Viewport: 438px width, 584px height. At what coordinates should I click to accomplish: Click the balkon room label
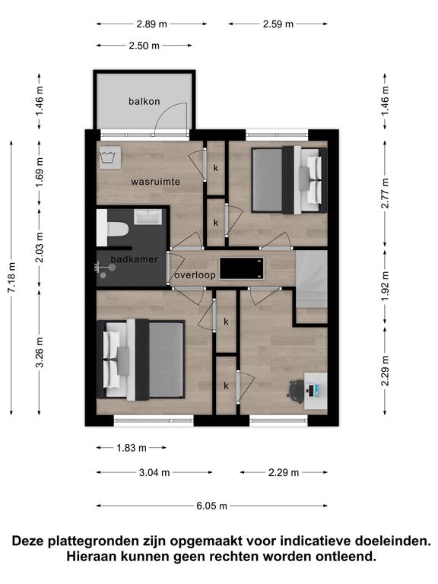coord(144,101)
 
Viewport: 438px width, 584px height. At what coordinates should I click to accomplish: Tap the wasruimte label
coord(156,182)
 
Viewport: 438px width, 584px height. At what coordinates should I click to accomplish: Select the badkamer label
coord(135,259)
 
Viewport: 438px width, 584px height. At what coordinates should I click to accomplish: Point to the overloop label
coord(195,275)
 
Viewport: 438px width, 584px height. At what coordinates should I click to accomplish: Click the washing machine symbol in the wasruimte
coord(109,157)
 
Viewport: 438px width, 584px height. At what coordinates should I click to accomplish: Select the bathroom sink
coord(148,217)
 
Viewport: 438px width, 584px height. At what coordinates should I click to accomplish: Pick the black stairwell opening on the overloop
coord(242,268)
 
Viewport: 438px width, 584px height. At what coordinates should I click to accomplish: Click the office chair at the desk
coord(296,391)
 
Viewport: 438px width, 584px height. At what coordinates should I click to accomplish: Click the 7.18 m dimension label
coord(12,278)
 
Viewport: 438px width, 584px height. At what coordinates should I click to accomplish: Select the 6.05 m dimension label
coord(212,506)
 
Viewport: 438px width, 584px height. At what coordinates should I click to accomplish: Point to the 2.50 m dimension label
coord(144,46)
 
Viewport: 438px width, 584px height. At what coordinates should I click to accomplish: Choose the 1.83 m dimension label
coord(132,448)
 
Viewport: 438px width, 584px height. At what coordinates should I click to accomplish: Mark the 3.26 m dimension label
coord(40,352)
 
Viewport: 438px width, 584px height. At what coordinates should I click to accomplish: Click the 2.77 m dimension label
coord(385,193)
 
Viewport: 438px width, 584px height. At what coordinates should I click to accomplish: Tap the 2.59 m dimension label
coord(278,24)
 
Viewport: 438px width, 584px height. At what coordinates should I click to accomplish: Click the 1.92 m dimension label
coord(385,286)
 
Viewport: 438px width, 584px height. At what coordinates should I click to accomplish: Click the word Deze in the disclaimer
coord(29,541)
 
